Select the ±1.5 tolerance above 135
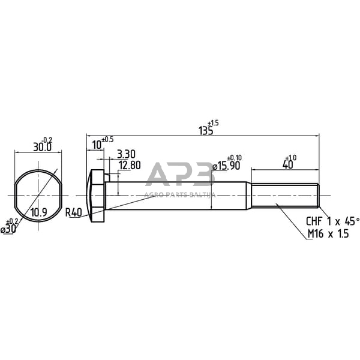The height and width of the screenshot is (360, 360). coord(214,123)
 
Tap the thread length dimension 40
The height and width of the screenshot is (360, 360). coord(287,164)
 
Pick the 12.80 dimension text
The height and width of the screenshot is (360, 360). coord(130,165)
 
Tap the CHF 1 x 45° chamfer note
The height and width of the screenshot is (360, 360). coord(332,221)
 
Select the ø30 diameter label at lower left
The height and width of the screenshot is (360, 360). coord(8,229)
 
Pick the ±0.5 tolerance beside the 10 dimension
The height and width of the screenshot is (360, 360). coord(107,139)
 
